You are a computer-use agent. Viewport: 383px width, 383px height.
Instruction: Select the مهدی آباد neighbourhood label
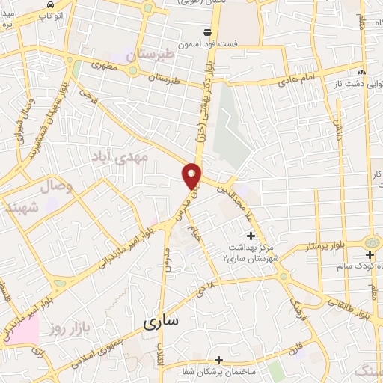pos(120,156)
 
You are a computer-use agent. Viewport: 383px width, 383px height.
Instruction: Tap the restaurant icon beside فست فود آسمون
pos(207,32)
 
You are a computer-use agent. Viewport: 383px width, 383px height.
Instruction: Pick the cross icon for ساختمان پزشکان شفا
pos(218,360)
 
